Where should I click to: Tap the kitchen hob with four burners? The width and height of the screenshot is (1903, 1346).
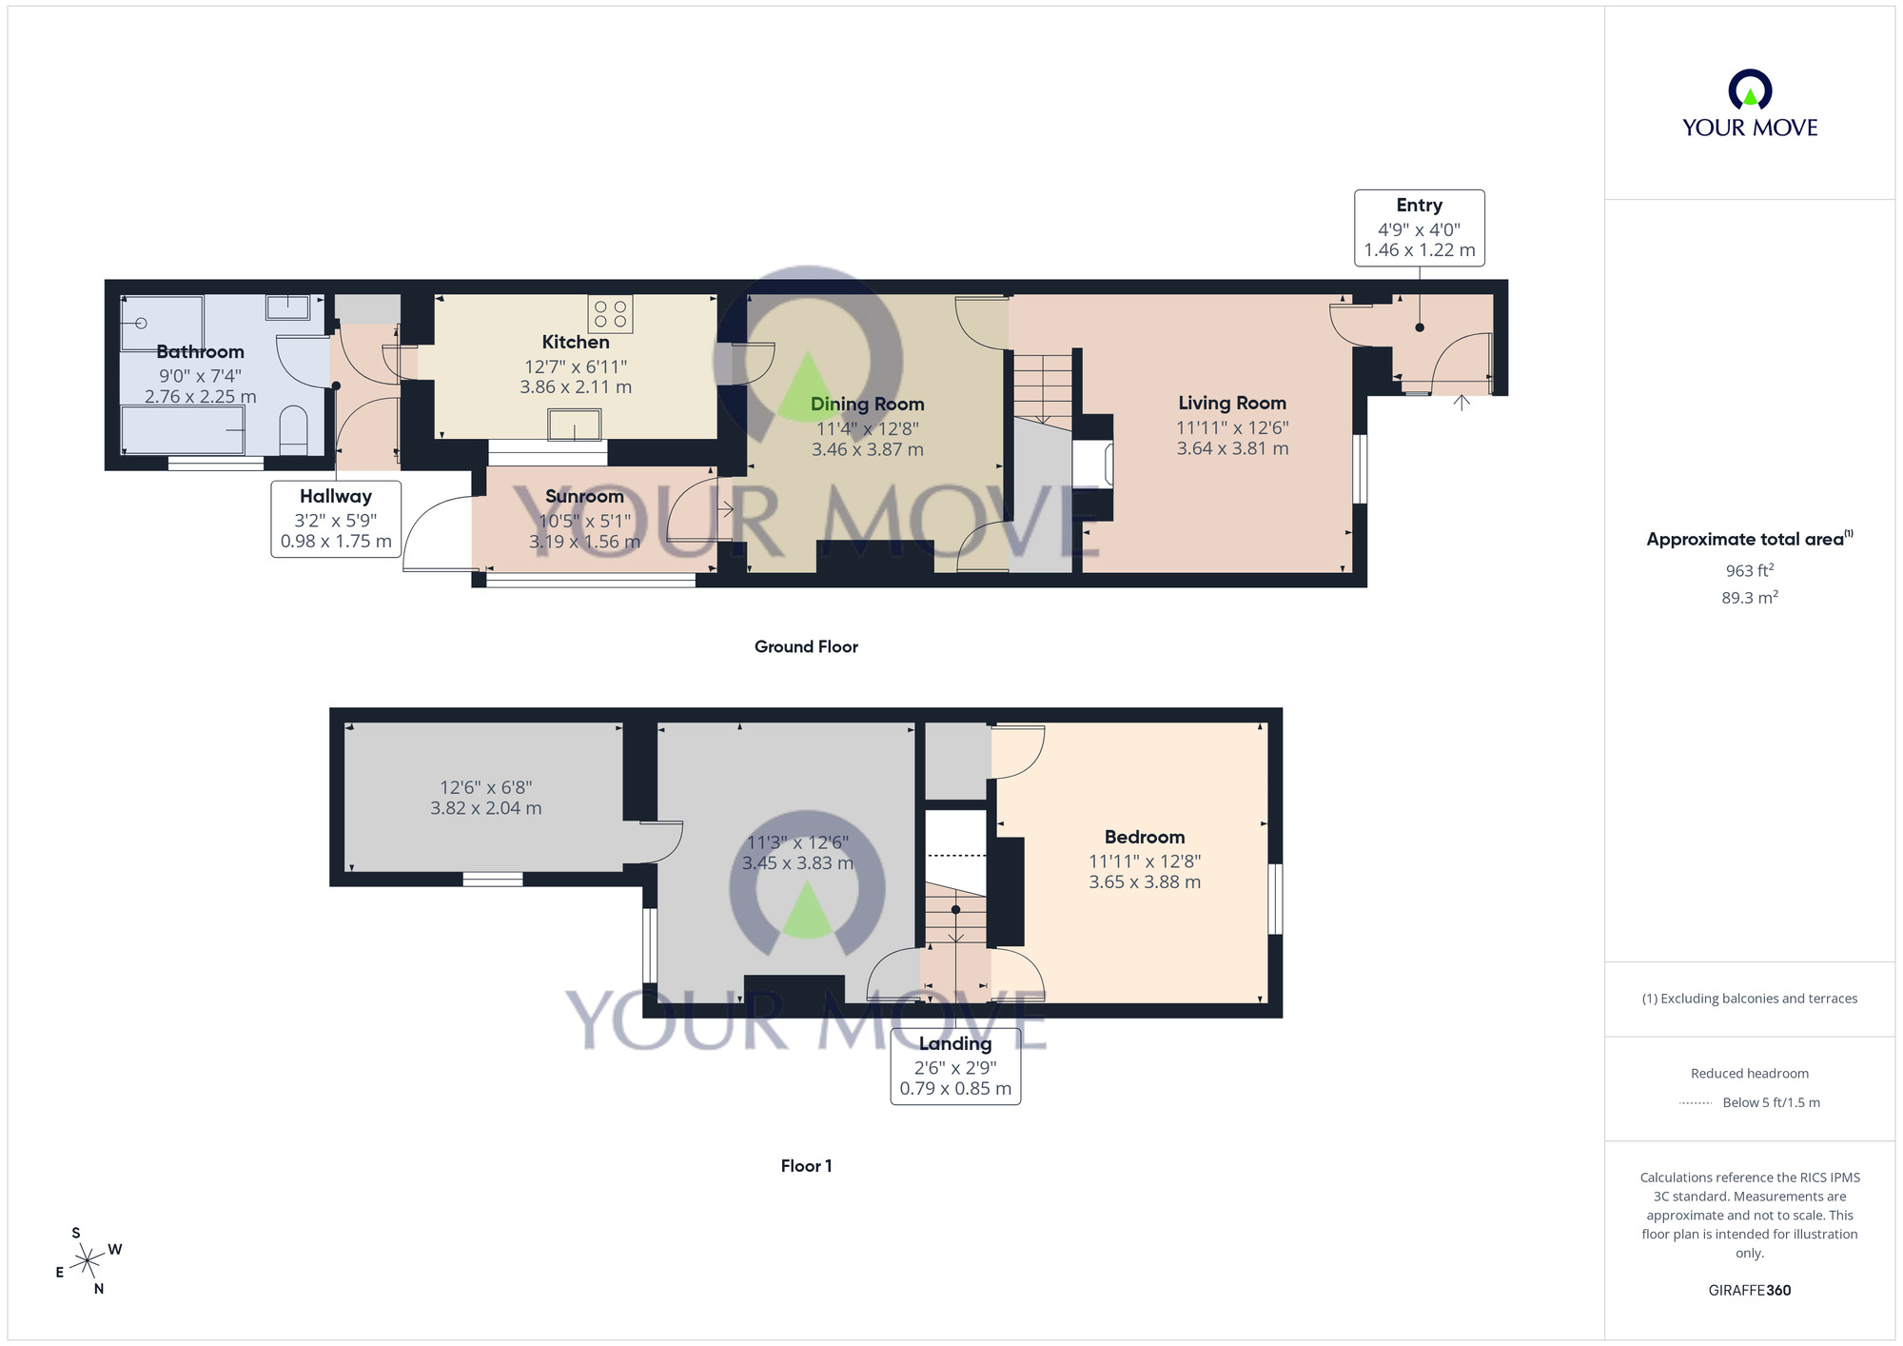coord(610,314)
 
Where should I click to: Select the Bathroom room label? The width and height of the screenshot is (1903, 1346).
coord(200,352)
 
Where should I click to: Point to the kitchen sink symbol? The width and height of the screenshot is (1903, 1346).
coord(575,425)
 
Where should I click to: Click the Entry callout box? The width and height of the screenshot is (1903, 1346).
coord(1419,228)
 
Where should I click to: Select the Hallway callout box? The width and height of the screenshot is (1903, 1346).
coord(336,519)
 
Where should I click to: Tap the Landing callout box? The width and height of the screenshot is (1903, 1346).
coord(955,1066)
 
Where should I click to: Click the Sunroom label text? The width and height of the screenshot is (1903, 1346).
coord(584,496)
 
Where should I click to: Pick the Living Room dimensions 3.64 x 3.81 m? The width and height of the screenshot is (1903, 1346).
coord(1232,448)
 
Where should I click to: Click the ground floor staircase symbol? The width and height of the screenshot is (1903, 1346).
coord(1043,386)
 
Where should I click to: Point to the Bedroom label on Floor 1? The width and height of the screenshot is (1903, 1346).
coord(1145,837)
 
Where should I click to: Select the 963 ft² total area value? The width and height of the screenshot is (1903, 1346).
coord(1749,570)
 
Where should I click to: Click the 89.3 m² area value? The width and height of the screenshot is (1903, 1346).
coord(1749,597)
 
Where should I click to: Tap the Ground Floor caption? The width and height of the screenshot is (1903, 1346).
coord(806,646)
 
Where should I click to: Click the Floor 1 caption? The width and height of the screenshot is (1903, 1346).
coord(806,1165)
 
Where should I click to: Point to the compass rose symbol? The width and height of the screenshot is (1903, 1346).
coord(88,1261)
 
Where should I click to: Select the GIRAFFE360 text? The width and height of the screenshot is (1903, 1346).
coord(1749,1290)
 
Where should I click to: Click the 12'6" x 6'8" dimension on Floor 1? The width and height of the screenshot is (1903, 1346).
coord(485,787)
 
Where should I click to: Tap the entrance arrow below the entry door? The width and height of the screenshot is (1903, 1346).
coord(1462,403)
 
